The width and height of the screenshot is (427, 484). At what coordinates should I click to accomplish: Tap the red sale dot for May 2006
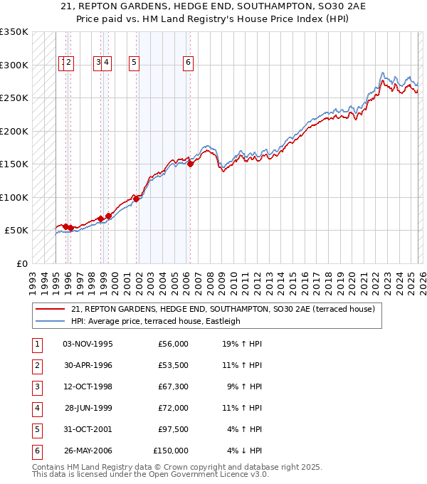pyautogui.click(x=191, y=164)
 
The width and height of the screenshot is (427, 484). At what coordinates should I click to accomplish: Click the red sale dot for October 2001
pyautogui.click(x=137, y=199)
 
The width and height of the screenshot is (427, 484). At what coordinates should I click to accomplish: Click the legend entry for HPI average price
pyautogui.click(x=155, y=321)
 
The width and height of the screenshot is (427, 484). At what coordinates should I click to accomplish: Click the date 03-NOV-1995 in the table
pyautogui.click(x=88, y=344)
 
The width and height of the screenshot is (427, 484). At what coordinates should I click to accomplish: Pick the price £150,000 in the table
pyautogui.click(x=171, y=451)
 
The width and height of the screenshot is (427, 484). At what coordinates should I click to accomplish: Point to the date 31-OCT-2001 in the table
pyautogui.click(x=88, y=429)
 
